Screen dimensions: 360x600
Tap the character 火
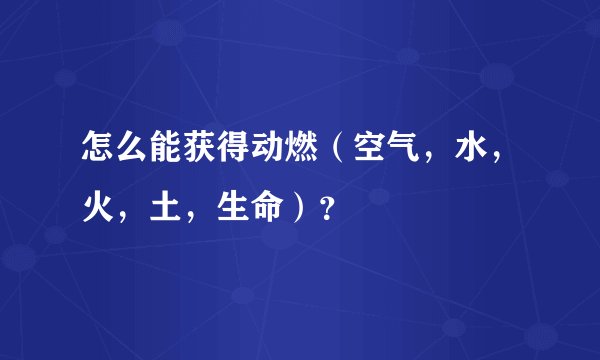pyautogui.click(x=95, y=209)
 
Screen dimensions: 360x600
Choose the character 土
pyautogui.click(x=149, y=209)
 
